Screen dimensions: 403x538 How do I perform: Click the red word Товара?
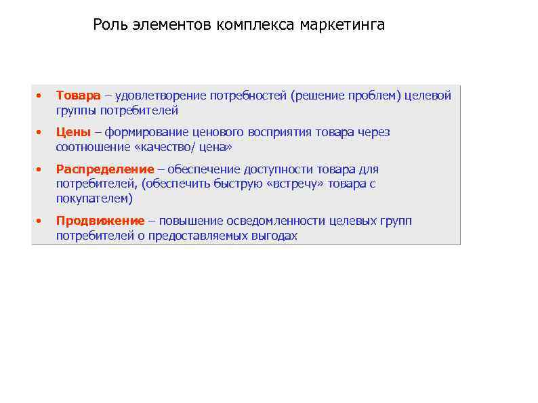(x=78, y=96)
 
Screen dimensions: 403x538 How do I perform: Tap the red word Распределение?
(x=105, y=169)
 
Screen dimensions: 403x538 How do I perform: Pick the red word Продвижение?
(x=100, y=221)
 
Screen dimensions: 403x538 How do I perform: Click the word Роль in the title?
(x=108, y=26)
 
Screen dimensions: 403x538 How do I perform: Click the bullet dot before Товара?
(x=40, y=96)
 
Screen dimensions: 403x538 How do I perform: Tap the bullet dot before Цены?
(x=40, y=133)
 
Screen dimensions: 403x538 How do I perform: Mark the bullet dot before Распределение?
(x=40, y=169)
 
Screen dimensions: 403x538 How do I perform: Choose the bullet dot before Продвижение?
(x=40, y=221)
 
